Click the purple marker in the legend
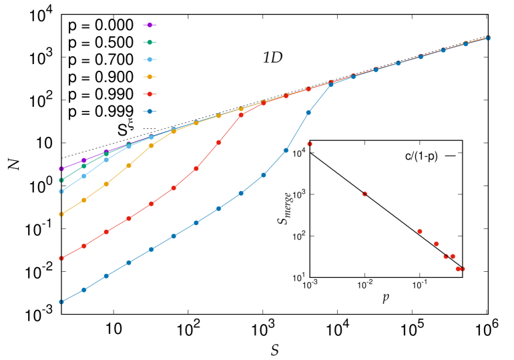click(150, 25)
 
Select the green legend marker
click(150, 42)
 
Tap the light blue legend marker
click(150, 59)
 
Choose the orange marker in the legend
click(150, 77)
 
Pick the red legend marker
click(150, 94)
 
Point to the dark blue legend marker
click(150, 112)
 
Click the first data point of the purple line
click(61, 169)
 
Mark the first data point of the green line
click(61, 180)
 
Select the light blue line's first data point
click(61, 192)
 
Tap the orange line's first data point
click(61, 214)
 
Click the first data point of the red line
click(61, 258)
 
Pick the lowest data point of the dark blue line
click(61, 302)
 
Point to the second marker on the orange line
click(84, 200)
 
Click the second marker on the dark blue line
click(84, 290)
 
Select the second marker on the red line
click(84, 246)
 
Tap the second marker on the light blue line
click(84, 176)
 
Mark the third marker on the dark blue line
click(106, 276)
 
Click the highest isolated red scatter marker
click(310, 144)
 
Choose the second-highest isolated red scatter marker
click(364, 194)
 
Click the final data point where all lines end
click(488, 37)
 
